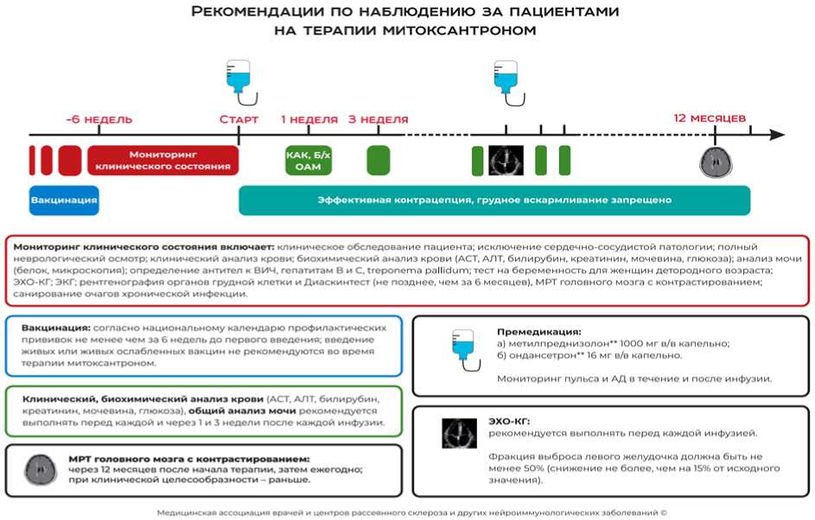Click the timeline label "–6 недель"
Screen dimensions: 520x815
(99, 118)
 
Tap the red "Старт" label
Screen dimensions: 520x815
(239, 118)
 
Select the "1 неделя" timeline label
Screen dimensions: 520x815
(309, 118)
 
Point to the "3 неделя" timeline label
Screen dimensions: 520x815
(378, 118)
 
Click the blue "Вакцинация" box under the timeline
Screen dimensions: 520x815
(64, 200)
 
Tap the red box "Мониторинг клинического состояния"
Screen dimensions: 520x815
(162, 160)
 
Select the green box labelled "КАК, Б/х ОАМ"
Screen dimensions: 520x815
(308, 160)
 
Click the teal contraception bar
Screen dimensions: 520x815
(493, 200)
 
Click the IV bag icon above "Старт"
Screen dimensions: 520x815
(238, 77)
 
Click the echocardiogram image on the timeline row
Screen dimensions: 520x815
(506, 160)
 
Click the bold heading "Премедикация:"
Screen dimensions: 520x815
(538, 331)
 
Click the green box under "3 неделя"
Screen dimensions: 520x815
(379, 160)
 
